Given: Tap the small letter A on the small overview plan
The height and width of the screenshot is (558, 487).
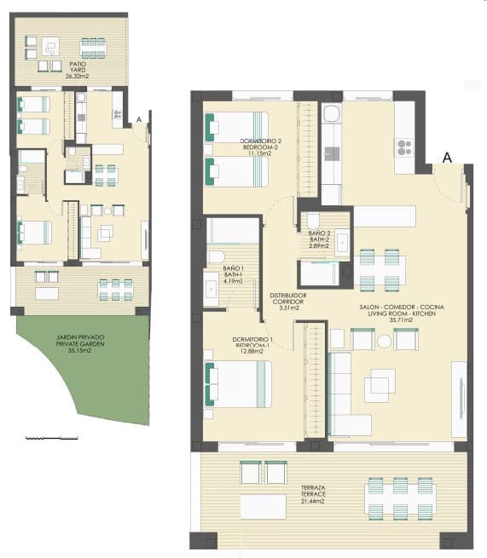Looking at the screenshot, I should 139,119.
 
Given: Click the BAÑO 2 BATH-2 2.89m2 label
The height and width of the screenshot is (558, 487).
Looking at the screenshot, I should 318,238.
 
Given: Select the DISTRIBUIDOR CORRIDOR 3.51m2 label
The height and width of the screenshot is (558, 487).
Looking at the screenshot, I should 287,302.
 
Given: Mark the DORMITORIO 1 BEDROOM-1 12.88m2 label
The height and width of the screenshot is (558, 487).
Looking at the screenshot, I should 252,344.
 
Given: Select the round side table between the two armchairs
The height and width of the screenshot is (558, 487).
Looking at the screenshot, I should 384,341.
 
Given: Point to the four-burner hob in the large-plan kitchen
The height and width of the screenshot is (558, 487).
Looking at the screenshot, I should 403,147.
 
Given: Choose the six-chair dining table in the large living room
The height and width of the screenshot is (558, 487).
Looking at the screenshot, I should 380,269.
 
